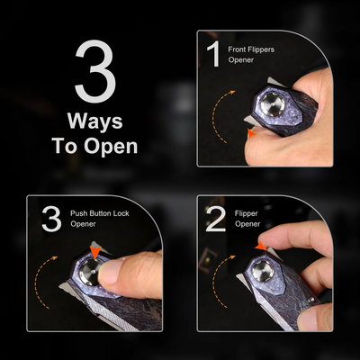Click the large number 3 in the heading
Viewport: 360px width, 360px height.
pyautogui.click(x=95, y=71)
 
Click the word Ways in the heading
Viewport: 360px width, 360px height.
pyautogui.click(x=95, y=121)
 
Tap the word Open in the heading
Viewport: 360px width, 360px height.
pyautogui.click(x=111, y=147)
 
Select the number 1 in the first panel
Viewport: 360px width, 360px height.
pyautogui.click(x=214, y=55)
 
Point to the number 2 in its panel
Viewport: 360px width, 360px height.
pyautogui.click(x=216, y=220)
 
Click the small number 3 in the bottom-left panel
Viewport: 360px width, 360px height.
pyautogui.click(x=51, y=219)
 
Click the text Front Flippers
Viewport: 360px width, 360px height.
pyautogui.click(x=251, y=49)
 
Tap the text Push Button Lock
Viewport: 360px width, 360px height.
pyautogui.click(x=100, y=213)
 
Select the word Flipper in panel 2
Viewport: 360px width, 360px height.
pyautogui.click(x=247, y=213)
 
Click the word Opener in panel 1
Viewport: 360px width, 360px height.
pyautogui.click(x=241, y=60)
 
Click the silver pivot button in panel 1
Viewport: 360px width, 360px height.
pyautogui.click(x=273, y=104)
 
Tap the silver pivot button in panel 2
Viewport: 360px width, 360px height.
pyautogui.click(x=263, y=271)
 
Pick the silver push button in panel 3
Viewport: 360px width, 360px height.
pyautogui.click(x=91, y=271)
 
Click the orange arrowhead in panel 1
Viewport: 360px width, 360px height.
pyautogui.click(x=251, y=134)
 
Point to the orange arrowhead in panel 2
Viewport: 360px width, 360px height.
pyautogui.click(x=261, y=246)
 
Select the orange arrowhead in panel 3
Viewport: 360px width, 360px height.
pyautogui.click(x=95, y=251)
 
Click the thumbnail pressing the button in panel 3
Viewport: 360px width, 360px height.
pyautogui.click(x=111, y=271)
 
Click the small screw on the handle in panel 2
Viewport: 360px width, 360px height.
pyautogui.click(x=312, y=300)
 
